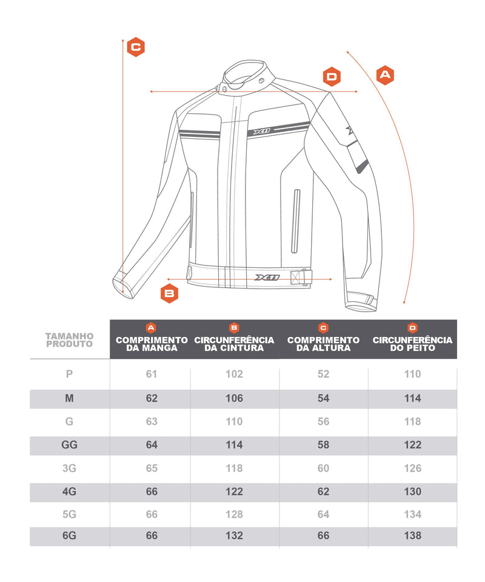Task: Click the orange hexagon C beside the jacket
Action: pos(136,47)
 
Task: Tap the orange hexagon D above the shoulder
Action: pos(332,77)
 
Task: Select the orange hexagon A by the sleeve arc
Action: pos(385,75)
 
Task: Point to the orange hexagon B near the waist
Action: pos(169,293)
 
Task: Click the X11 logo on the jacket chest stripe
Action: pos(262,131)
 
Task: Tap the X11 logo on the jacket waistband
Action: pos(267,277)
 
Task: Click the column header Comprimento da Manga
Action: pos(152,344)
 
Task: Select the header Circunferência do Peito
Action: pos(412,344)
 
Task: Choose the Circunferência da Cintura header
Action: pos(234,344)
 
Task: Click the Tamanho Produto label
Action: pos(69,340)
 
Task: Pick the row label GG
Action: pos(69,444)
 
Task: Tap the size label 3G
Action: pos(69,468)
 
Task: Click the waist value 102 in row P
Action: pos(234,374)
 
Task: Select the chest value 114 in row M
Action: pos(413,398)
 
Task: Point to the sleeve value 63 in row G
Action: pos(152,421)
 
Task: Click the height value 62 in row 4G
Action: pos(323,492)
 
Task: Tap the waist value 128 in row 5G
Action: pos(234,514)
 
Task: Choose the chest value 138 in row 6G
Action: pos(413,535)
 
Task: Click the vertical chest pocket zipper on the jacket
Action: pos(296,221)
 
